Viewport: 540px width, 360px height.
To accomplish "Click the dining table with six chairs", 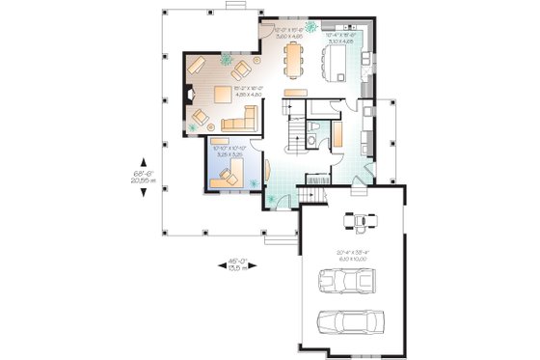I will tap(294, 60).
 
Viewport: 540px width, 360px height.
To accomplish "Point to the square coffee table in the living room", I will tap(222, 94).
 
